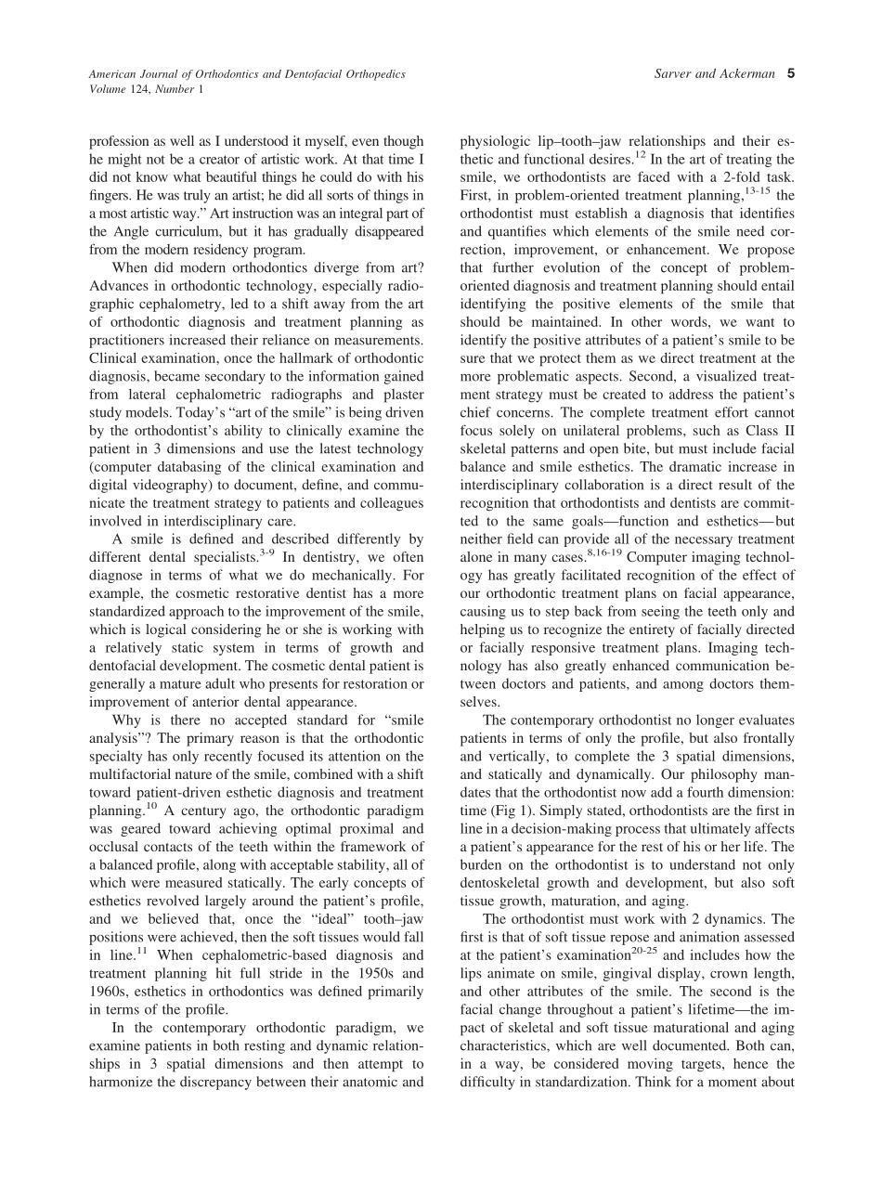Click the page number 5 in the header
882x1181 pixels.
point(790,74)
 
